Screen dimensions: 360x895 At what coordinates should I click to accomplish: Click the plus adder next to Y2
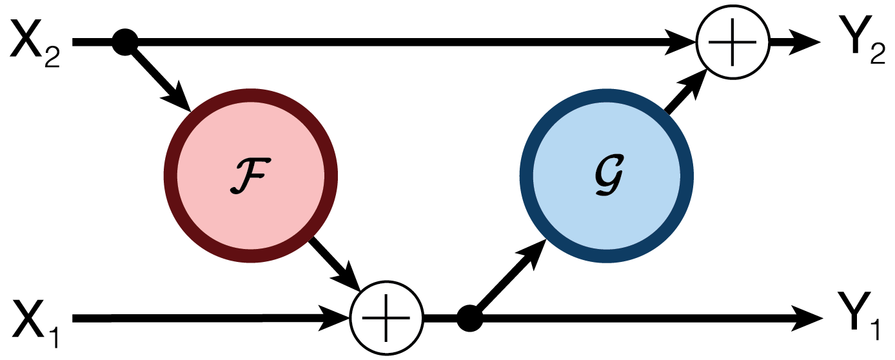[x=733, y=43]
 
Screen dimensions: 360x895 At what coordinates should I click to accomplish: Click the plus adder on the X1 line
[x=386, y=317]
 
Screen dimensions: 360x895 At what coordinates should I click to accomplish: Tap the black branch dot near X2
[x=125, y=43]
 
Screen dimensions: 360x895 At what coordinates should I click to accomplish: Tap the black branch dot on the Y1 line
[x=469, y=317]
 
